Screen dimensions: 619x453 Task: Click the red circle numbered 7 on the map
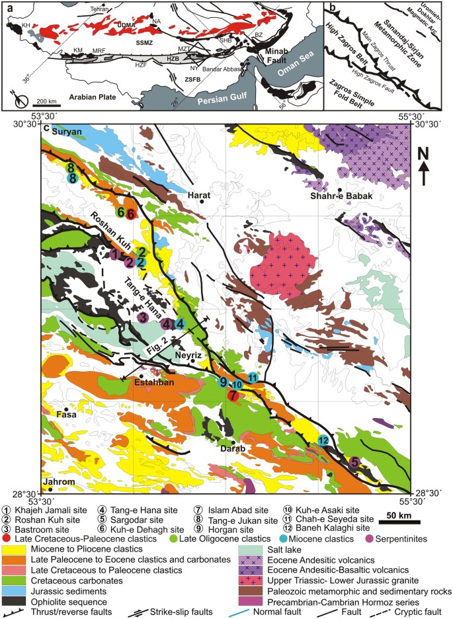pos(232,395)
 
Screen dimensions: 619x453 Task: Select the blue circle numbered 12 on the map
pos(323,440)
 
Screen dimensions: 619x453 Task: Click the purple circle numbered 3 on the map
pos(142,318)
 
